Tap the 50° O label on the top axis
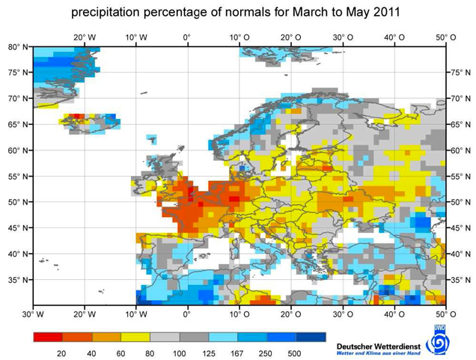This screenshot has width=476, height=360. pos(447,37)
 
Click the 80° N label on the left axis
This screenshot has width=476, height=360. pos(18,46)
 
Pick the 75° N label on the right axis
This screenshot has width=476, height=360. pos(459,73)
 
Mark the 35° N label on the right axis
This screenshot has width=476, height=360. pos(459,281)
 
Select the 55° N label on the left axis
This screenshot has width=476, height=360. pos(18,177)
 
